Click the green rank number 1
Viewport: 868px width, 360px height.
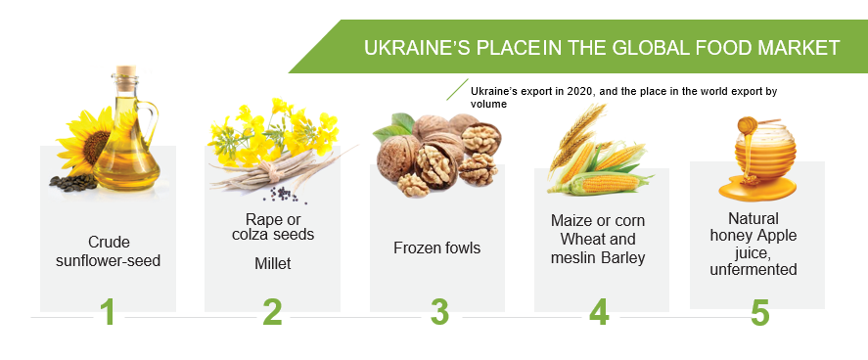tap(108, 312)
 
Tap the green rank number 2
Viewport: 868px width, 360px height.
tap(272, 312)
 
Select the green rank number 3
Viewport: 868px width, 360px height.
tap(439, 312)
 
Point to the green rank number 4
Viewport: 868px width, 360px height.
tap(599, 312)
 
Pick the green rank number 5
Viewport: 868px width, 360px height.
tap(759, 312)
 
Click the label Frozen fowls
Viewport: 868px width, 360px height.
tap(436, 247)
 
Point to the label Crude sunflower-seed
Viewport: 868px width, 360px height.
tap(109, 250)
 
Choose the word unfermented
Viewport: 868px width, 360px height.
tap(756, 269)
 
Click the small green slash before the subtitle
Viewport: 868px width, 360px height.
tap(456, 90)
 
